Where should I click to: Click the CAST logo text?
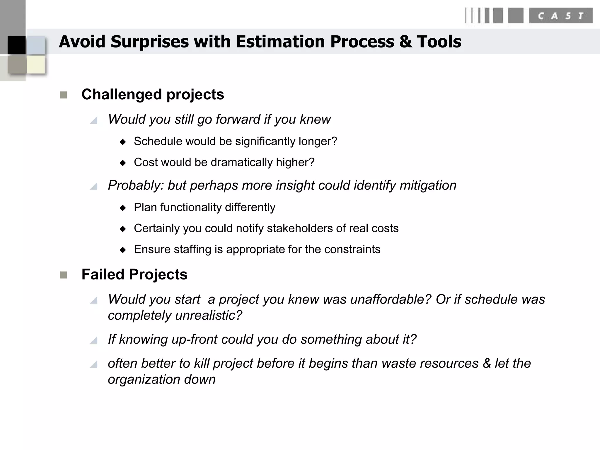pyautogui.click(x=560, y=16)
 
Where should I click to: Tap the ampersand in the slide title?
pyautogui.click(x=405, y=42)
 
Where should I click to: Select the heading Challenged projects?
pyautogui.click(x=153, y=95)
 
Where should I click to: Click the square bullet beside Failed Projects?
pyautogui.click(x=63, y=275)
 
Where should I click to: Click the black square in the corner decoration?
pyautogui.click(x=16, y=45)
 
